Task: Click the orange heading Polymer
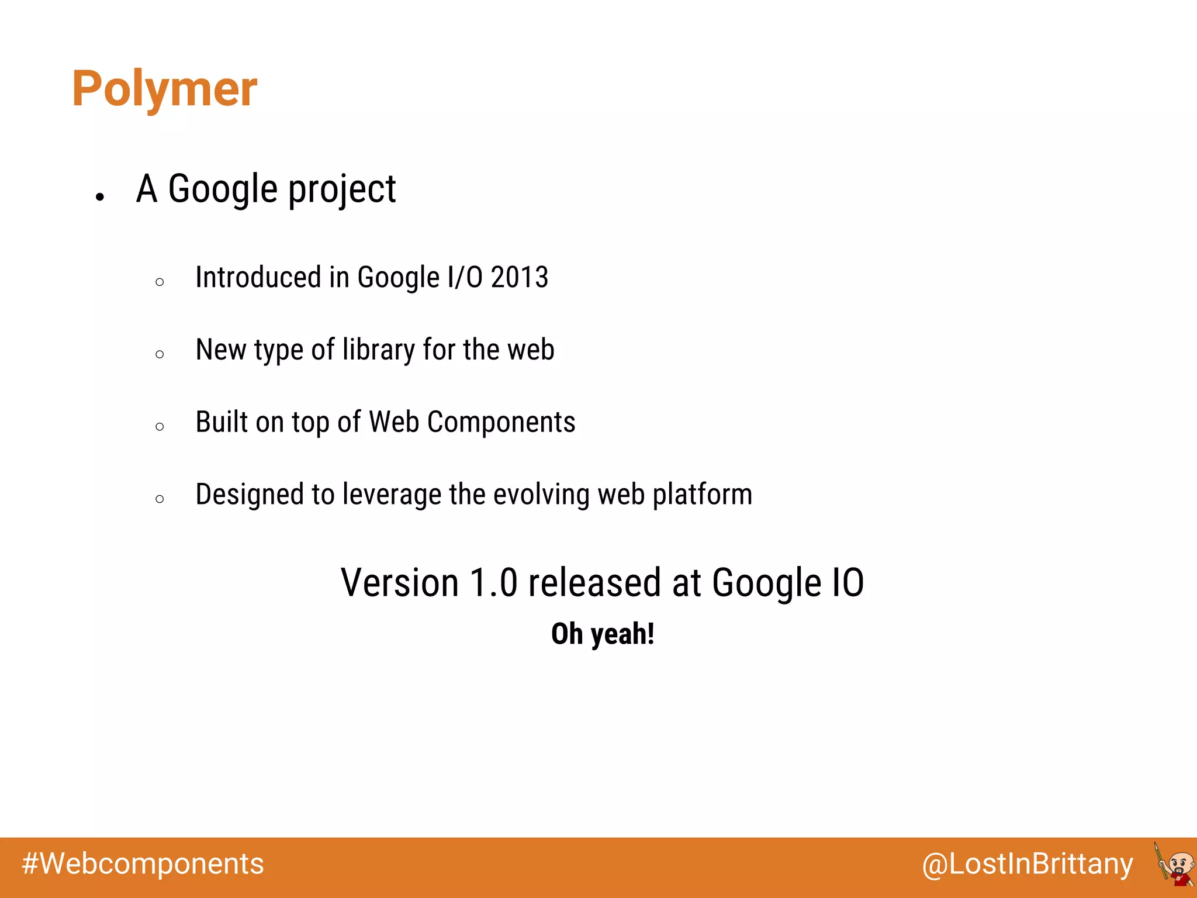click(x=164, y=88)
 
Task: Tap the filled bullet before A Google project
click(x=100, y=197)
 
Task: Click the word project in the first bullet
click(x=342, y=190)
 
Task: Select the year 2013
click(x=519, y=277)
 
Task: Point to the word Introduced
click(x=259, y=277)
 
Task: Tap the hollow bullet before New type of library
click(x=160, y=354)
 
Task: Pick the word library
click(x=378, y=350)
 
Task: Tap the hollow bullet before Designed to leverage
click(x=160, y=499)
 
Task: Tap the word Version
click(x=400, y=583)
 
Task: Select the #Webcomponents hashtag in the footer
click(x=143, y=864)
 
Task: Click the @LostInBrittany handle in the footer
click(x=1027, y=864)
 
